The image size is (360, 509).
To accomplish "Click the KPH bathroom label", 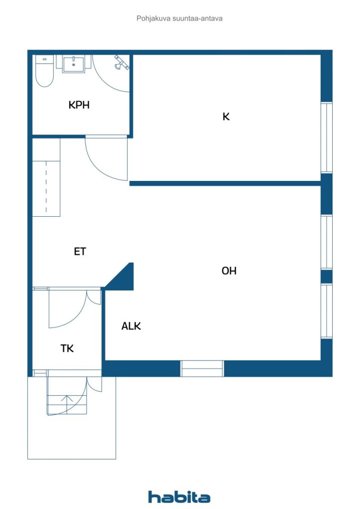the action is (x=79, y=105).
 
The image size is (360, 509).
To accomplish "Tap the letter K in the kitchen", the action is (x=226, y=116).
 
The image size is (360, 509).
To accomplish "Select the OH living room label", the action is (x=229, y=271).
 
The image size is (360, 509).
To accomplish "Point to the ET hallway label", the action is (x=80, y=251).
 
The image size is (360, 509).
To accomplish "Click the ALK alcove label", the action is (x=131, y=326).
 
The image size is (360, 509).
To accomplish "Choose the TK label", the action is (x=67, y=348).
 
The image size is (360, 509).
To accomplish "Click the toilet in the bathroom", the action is (x=44, y=71).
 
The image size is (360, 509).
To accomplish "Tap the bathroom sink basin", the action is (x=74, y=64).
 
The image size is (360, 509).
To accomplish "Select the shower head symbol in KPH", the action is (x=122, y=63).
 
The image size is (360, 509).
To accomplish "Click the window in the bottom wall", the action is (x=202, y=369).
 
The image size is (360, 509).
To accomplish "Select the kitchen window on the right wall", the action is (x=327, y=138).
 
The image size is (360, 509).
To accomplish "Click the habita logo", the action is (x=179, y=497).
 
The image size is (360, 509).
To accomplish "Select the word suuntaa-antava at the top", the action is (x=197, y=18).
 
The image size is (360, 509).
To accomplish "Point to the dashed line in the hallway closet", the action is (x=46, y=187).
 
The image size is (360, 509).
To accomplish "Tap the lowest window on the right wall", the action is (x=327, y=311).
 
